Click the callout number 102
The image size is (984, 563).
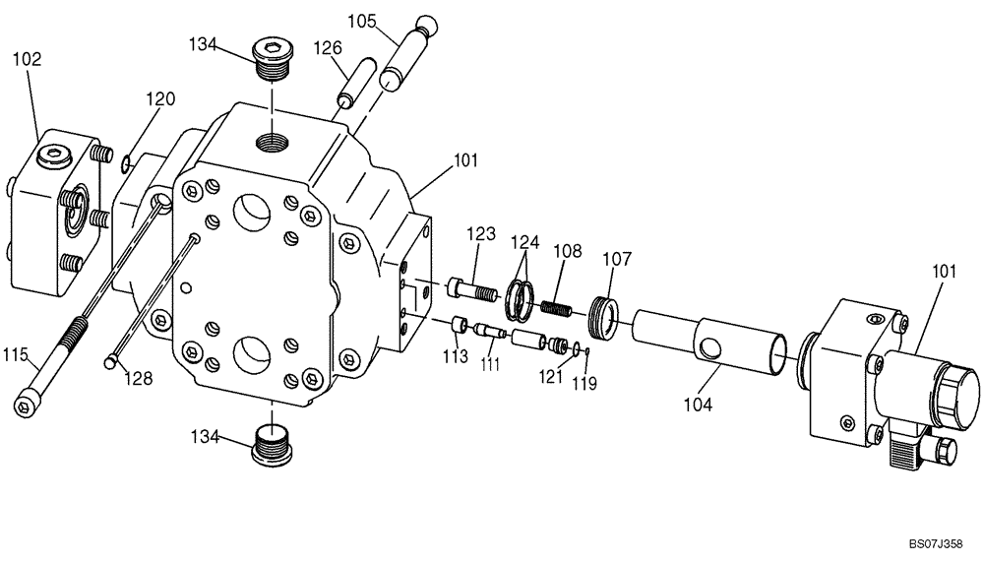(x=27, y=58)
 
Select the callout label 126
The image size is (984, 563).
(x=328, y=48)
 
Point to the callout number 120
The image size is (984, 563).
(x=161, y=98)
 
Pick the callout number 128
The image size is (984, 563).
(x=138, y=378)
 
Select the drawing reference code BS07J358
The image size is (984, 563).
(x=935, y=542)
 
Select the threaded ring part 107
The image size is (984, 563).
(x=605, y=317)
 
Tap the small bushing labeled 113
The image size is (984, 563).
(x=458, y=325)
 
